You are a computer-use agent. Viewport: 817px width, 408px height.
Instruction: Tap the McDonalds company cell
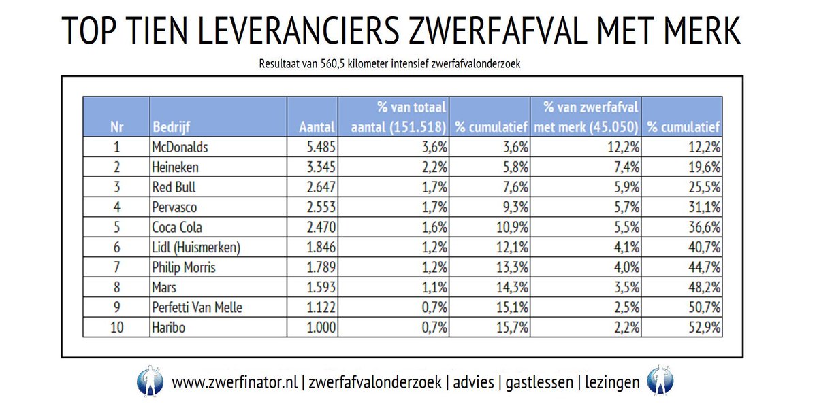179,147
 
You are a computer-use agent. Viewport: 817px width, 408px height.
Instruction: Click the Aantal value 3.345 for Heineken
319,167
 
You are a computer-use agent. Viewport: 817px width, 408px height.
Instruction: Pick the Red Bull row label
173,187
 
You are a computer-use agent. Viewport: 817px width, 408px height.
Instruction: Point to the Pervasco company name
176,207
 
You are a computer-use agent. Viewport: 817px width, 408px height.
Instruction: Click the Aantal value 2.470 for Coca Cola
319,227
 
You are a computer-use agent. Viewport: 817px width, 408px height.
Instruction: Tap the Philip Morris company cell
184,267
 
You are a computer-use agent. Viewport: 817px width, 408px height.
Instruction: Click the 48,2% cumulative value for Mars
703,287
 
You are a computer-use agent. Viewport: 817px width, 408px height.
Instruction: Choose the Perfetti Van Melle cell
197,307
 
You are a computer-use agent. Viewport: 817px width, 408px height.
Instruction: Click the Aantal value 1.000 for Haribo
319,327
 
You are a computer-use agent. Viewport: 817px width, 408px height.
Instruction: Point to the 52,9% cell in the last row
703,327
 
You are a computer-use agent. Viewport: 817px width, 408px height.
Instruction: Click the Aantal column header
317,127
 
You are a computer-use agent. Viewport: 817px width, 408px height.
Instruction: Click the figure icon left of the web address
149,381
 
